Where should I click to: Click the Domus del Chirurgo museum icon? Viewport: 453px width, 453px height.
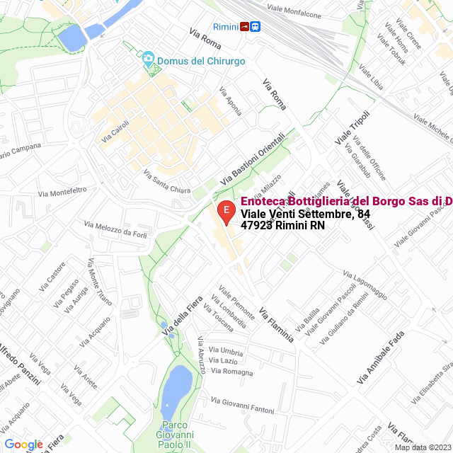click(x=148, y=58)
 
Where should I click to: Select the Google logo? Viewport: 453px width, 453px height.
click(x=23, y=445)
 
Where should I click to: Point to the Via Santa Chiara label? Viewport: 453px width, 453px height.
click(x=166, y=180)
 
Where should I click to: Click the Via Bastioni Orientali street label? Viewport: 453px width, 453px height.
click(x=253, y=159)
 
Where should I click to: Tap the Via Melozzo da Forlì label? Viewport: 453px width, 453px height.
click(x=117, y=231)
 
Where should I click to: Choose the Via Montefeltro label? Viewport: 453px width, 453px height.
click(x=62, y=191)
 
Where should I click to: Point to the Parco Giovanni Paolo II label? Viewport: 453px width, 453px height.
click(x=174, y=434)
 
